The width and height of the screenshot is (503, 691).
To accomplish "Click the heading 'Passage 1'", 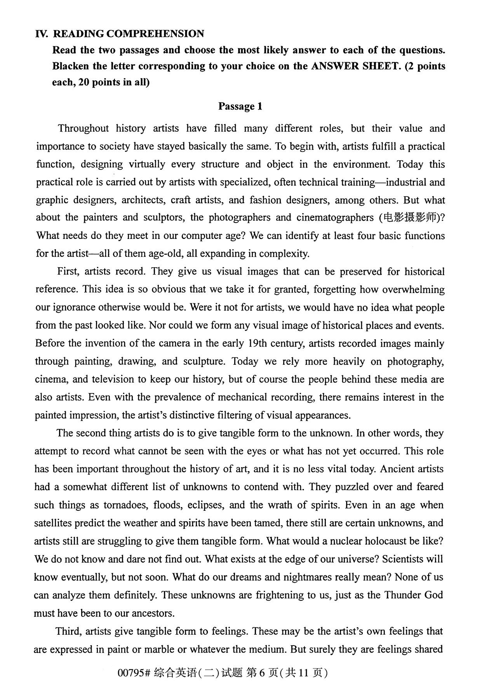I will click(240, 106).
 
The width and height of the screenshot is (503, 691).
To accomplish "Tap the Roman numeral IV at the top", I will click(42, 34).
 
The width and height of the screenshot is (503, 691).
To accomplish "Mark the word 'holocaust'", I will click(397, 541).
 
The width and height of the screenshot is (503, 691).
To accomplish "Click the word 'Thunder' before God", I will click(402, 595).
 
